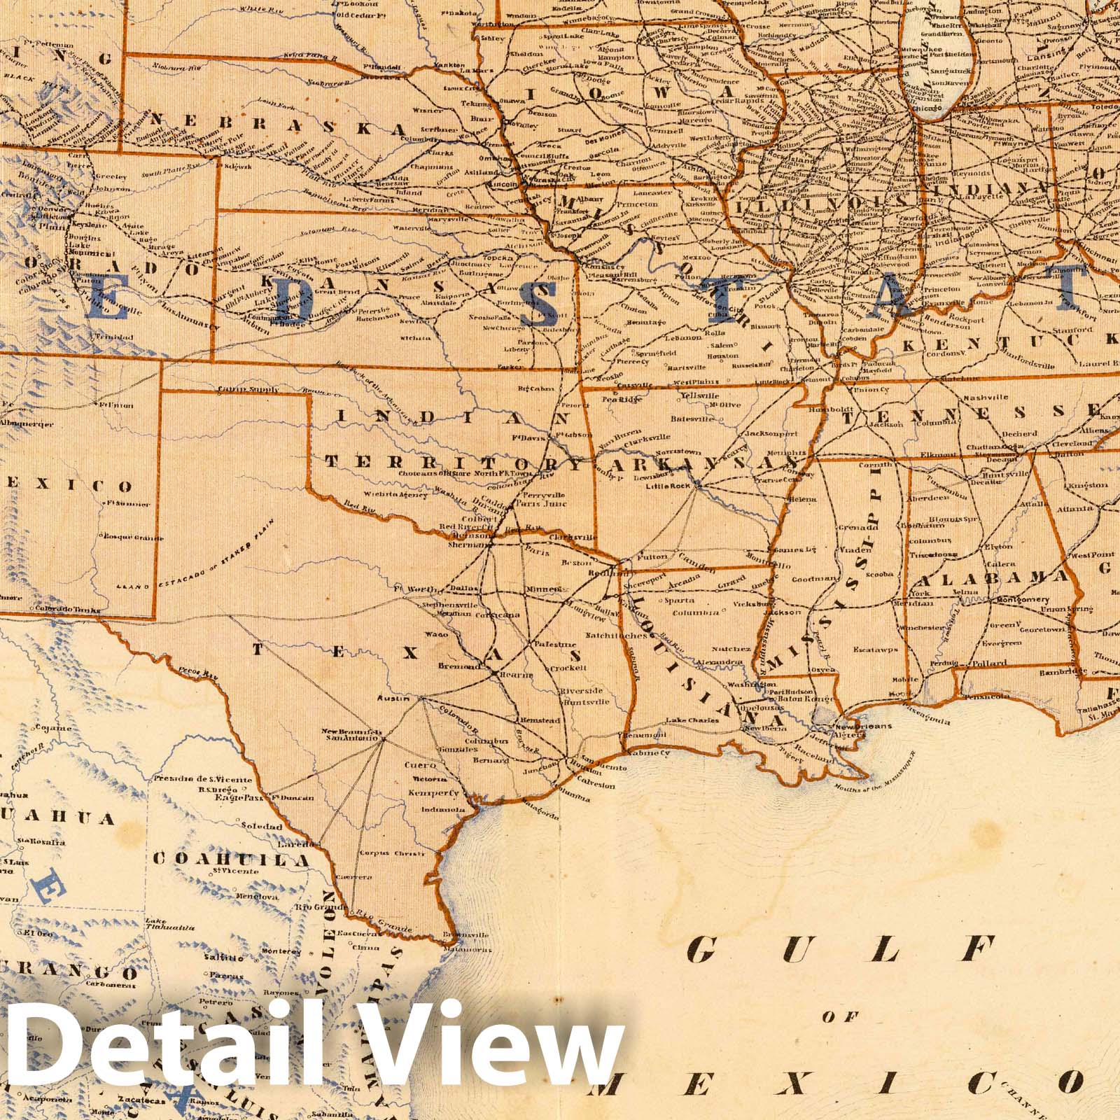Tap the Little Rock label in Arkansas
669,486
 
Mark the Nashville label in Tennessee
985,398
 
